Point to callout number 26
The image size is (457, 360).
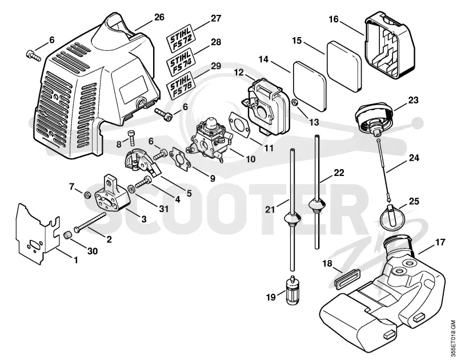pos(159,17)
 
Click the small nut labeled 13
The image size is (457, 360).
pos(295,102)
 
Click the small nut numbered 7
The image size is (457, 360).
pos(87,195)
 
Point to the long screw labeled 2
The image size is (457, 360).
pos(90,222)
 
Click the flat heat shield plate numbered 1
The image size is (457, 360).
pos(37,234)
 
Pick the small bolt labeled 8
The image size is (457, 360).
pos(131,137)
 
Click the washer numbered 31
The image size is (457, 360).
pos(131,189)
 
